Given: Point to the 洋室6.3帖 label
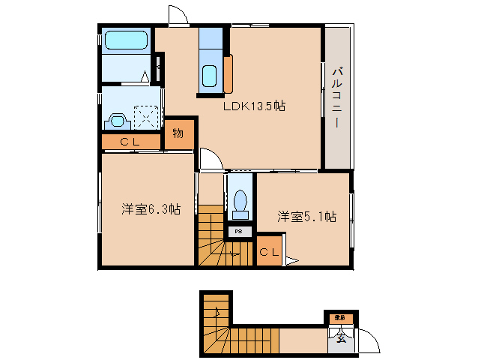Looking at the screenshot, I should [151, 209].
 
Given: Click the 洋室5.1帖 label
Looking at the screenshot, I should [306, 217].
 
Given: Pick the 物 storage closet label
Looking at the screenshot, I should [178, 134].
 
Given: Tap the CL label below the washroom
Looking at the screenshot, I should [130, 141].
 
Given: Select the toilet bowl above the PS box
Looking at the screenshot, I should [240, 201].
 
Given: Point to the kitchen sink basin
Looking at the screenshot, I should [210, 76].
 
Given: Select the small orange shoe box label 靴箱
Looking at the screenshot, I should [339, 319].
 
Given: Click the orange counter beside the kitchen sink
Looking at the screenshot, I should [228, 73].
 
